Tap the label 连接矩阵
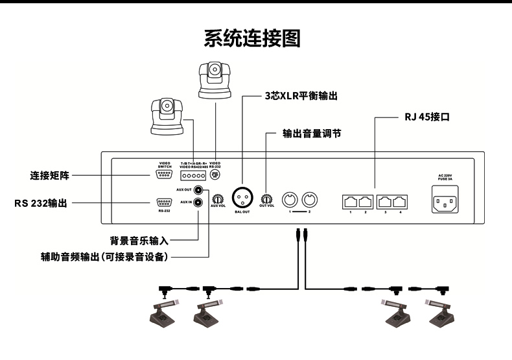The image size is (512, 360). click(x=49, y=175)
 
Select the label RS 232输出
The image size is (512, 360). click(x=40, y=203)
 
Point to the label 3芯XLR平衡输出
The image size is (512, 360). click(x=301, y=95)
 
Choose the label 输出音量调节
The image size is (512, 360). click(x=312, y=134)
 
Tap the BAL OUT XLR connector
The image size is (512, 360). click(x=242, y=195)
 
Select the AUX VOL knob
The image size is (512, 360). click(x=218, y=198)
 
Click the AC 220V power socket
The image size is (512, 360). click(x=443, y=200)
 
